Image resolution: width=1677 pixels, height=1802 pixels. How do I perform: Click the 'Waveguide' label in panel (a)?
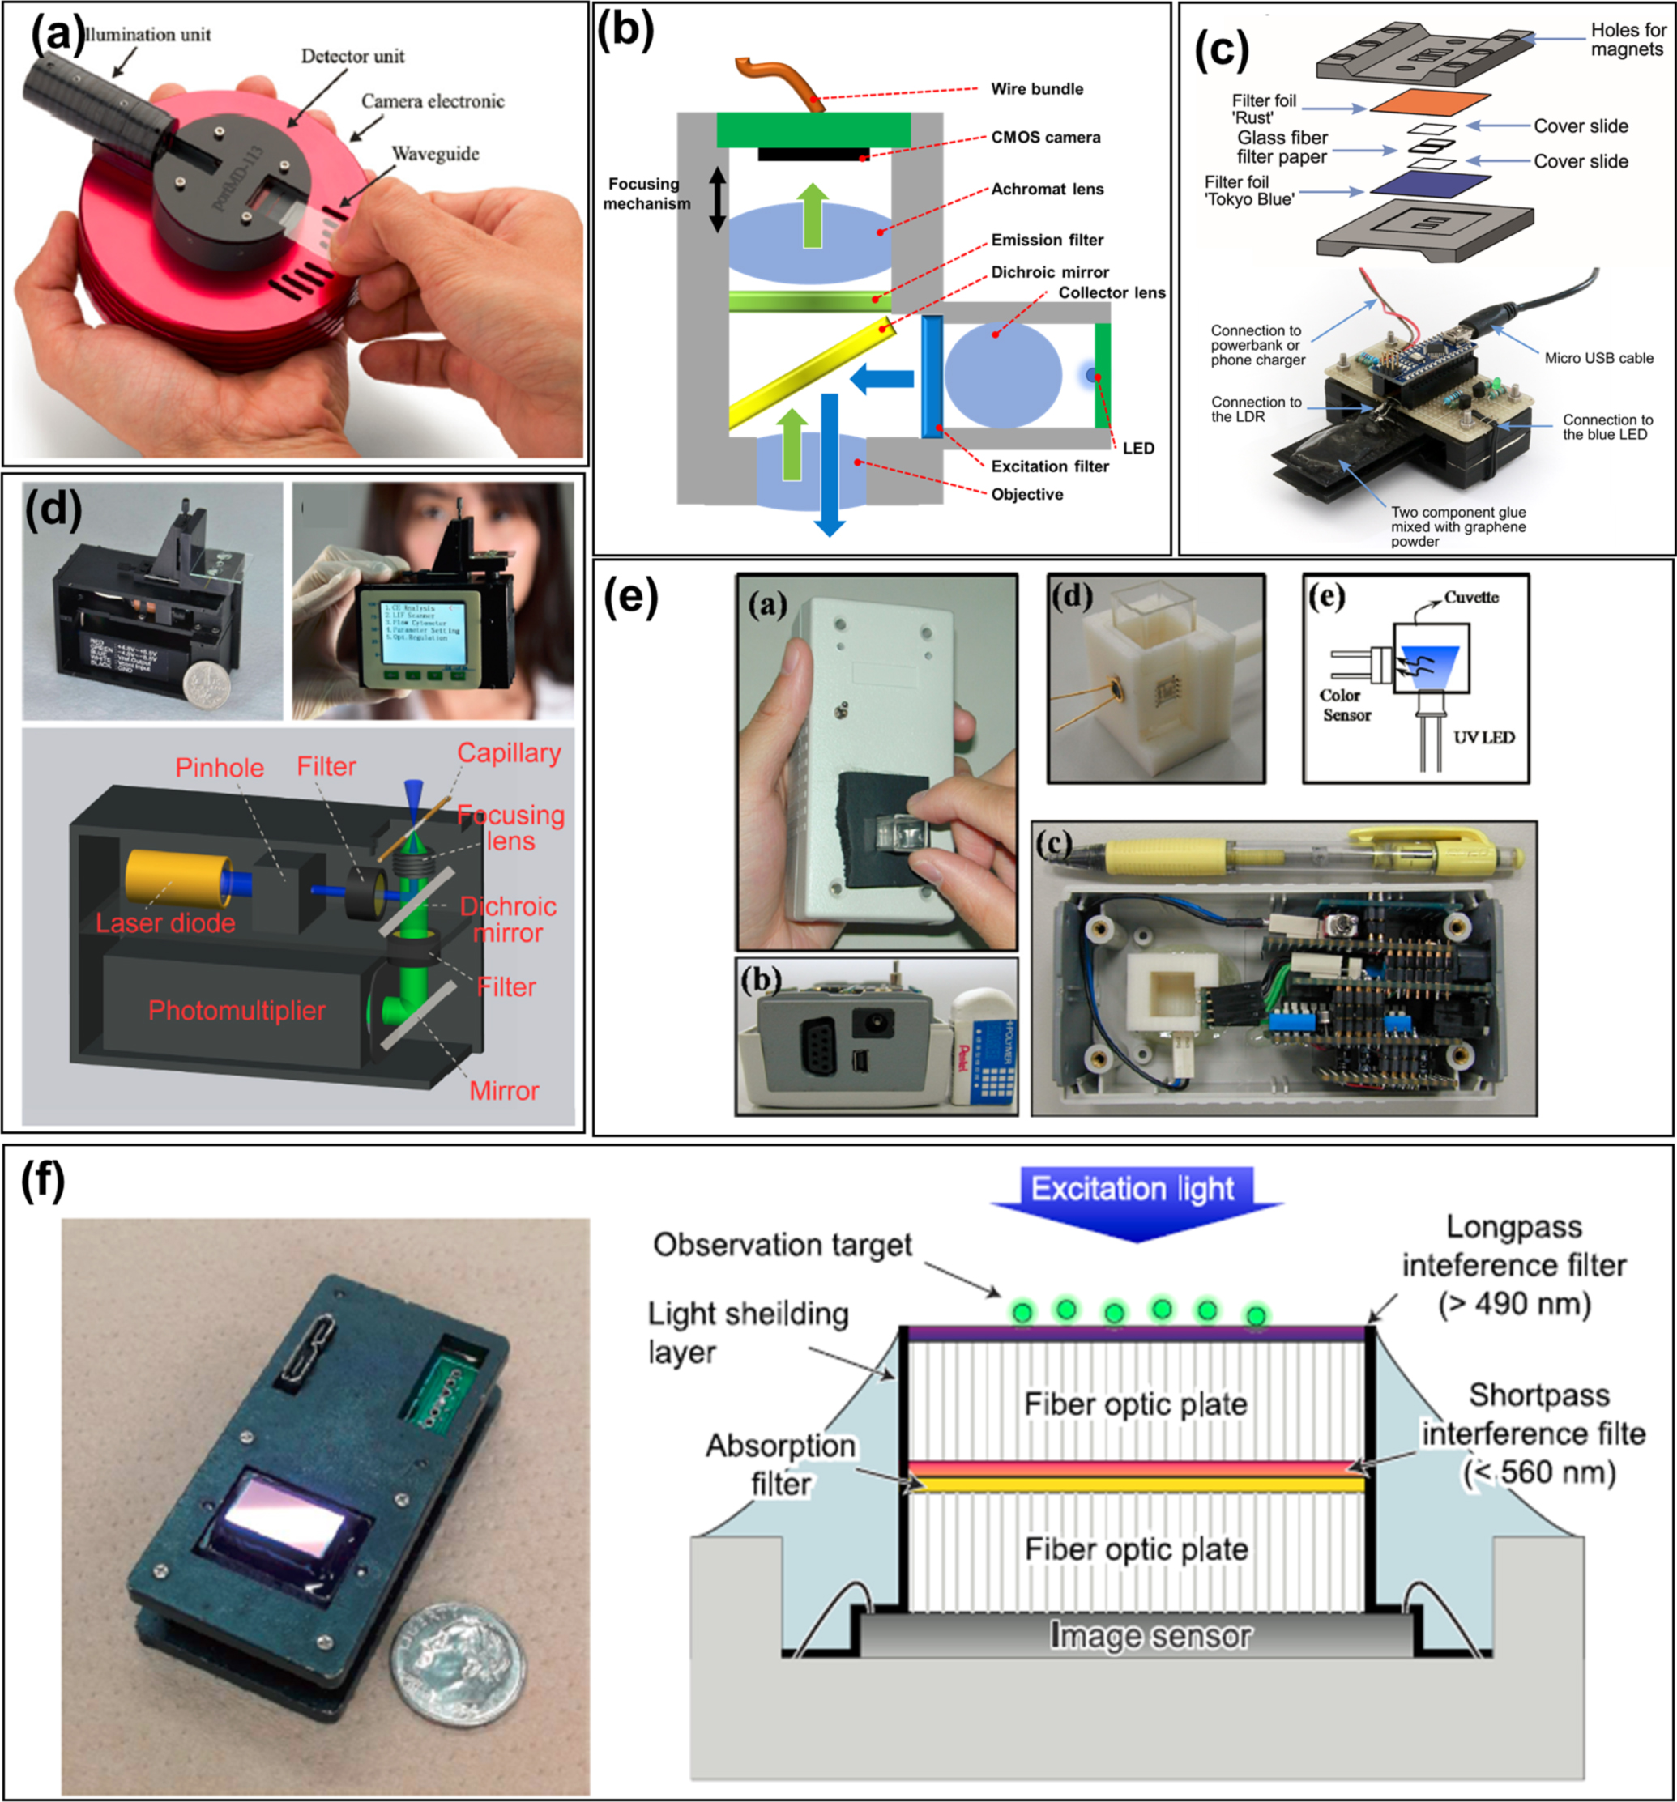[435, 153]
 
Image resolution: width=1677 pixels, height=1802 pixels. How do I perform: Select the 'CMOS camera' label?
[1045, 137]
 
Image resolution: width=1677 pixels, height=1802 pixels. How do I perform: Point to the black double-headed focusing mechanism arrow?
[717, 199]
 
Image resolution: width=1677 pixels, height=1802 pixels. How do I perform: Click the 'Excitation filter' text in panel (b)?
[1049, 466]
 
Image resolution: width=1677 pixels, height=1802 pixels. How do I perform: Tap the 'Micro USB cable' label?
[1598, 358]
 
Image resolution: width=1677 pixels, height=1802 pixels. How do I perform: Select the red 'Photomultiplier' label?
[237, 1011]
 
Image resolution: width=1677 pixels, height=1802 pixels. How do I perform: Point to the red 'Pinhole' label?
[220, 768]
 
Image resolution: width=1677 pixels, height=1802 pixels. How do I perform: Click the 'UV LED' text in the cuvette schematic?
[1483, 737]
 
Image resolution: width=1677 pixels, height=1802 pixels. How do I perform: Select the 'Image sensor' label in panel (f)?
[1150, 1635]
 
